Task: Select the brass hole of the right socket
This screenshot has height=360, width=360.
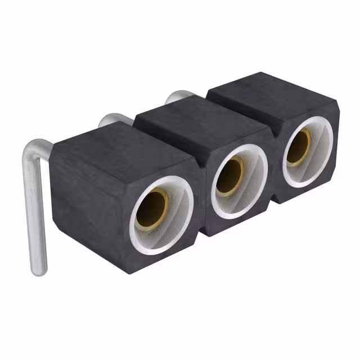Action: coord(299,147)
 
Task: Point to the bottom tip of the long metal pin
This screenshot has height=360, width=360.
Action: coord(38,270)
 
